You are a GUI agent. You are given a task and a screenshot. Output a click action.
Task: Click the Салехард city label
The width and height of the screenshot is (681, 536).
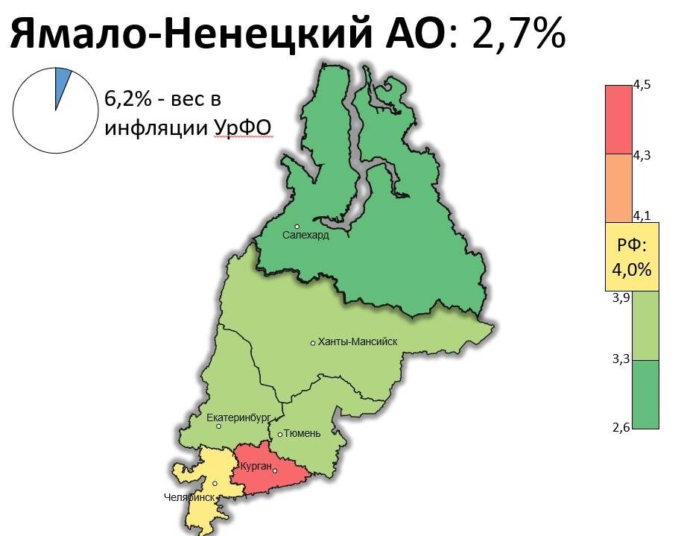305,235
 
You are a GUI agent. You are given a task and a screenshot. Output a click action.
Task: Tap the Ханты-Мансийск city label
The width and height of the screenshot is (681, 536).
358,342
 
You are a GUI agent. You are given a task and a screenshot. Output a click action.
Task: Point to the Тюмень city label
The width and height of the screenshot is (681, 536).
303,434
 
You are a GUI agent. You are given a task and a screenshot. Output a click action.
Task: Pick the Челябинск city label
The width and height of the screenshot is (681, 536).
189,497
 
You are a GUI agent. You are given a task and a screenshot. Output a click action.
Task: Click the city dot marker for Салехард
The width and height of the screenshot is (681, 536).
297,227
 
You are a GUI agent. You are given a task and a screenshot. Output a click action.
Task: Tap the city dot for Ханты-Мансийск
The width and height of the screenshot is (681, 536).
313,343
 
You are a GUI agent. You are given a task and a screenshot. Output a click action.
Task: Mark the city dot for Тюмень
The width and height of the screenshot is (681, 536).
280,435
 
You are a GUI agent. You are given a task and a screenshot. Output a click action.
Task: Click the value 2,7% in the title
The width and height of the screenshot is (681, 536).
519,34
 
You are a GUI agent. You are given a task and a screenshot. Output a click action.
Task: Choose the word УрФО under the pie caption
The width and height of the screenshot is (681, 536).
241,127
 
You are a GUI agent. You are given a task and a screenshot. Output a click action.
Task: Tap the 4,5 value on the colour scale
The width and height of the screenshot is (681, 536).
642,84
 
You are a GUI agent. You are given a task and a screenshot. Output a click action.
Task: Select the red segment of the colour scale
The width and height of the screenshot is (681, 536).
618,119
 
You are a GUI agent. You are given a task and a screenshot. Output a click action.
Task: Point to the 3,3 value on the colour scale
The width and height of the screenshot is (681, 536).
621,359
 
